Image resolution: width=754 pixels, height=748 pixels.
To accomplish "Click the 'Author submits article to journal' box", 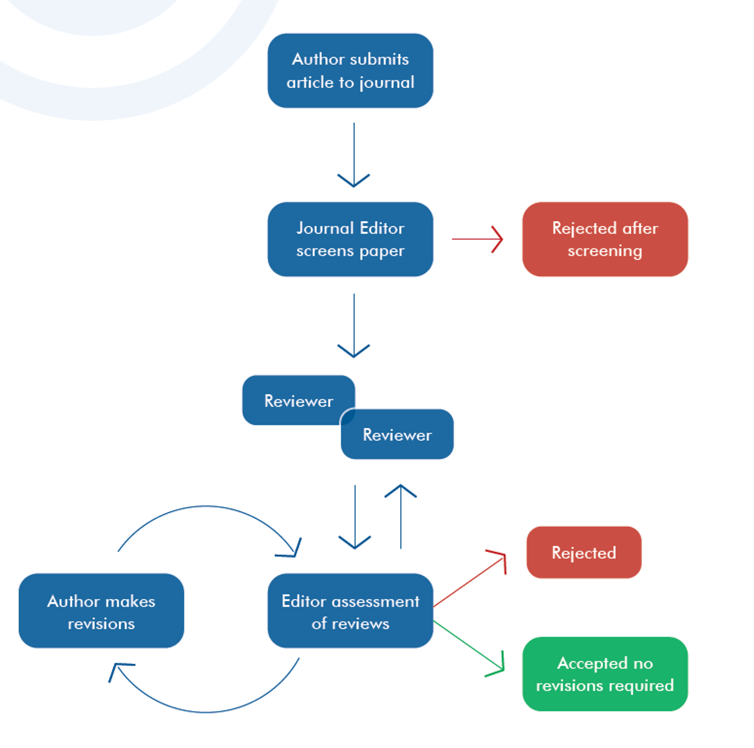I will [x=350, y=70].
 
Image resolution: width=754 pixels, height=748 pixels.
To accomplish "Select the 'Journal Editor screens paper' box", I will [x=350, y=239].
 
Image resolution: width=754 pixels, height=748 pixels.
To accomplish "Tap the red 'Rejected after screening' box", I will [x=604, y=239].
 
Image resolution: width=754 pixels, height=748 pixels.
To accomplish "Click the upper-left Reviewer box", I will [x=293, y=400].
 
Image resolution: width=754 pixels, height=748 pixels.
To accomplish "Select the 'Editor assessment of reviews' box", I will [x=350, y=611].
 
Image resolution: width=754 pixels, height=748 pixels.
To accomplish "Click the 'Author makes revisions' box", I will [x=101, y=611].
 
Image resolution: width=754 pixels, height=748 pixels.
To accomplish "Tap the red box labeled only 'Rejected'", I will [x=583, y=552].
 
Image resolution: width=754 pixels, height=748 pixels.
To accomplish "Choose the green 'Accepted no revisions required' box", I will [x=604, y=674].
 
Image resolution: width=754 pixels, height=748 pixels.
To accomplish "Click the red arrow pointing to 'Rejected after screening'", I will [x=477, y=239].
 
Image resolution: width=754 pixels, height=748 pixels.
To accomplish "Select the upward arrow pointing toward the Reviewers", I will [x=401, y=517].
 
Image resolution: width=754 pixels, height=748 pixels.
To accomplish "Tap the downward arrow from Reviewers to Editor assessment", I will [x=355, y=517].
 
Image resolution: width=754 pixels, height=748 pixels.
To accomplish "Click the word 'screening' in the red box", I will [x=604, y=251].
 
